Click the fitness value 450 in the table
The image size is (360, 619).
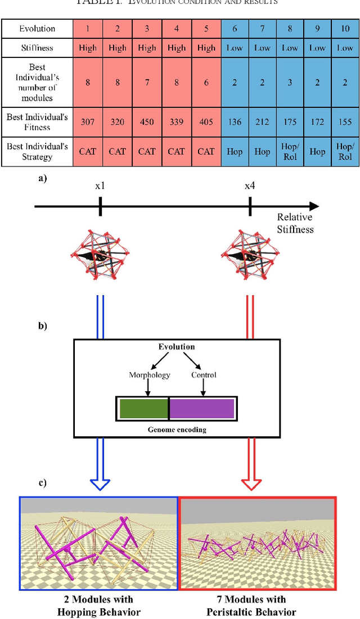(x=147, y=123)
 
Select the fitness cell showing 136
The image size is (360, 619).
(x=235, y=123)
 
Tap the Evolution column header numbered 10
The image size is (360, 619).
(x=345, y=29)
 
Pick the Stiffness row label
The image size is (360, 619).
(x=37, y=48)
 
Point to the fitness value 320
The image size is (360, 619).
(x=117, y=123)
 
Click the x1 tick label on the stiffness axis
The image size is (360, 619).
(x=100, y=186)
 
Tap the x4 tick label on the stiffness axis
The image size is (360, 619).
(x=250, y=186)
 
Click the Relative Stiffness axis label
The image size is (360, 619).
(x=295, y=223)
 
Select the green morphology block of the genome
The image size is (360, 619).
(x=143, y=409)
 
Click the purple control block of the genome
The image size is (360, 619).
(x=202, y=409)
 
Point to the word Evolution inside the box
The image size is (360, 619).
(x=176, y=347)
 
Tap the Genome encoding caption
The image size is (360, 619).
(x=177, y=430)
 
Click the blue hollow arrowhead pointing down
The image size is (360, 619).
(x=100, y=484)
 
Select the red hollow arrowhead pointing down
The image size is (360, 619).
(x=250, y=484)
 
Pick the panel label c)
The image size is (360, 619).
(x=43, y=482)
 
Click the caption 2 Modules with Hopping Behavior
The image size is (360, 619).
(x=98, y=606)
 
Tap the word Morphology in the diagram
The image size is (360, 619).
(x=148, y=375)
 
